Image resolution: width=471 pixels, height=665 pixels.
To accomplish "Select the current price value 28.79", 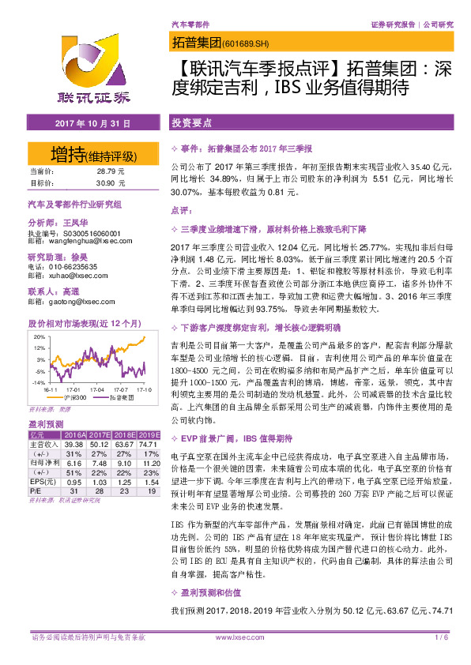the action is coord(107,171).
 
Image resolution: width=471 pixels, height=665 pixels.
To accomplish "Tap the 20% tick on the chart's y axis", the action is coord(40,336).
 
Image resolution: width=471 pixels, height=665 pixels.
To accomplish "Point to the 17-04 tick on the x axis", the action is coord(97,389).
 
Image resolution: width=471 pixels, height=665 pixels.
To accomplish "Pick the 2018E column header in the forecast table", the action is coord(125,435).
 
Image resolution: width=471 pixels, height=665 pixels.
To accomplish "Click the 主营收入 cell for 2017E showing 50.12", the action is coord(99,444).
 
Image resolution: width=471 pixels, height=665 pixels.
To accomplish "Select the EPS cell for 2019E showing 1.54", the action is coord(149,480).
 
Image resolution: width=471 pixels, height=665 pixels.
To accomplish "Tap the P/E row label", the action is coord(37,490).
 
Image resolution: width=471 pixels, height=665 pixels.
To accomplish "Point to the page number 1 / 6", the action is coord(441,637).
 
